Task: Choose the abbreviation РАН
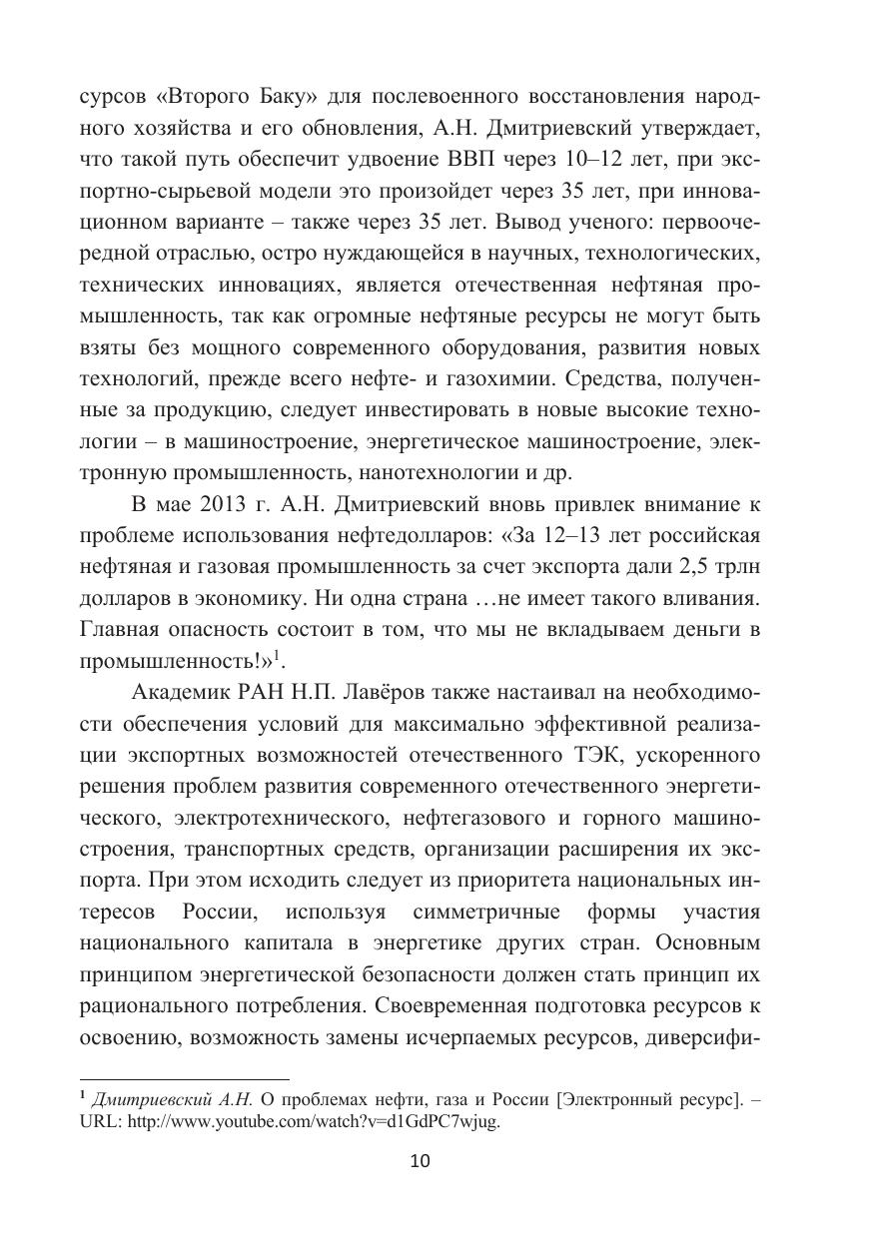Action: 260,693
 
